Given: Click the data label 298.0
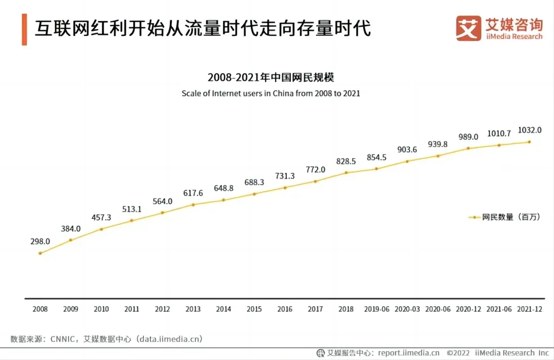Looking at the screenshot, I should (40, 241).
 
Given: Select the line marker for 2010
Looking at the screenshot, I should (101, 229).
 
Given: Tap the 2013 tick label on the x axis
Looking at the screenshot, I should (193, 309).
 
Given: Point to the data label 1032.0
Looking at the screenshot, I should (529, 130).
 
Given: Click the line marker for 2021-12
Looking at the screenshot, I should (529, 142).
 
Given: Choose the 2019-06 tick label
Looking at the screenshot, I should (377, 309).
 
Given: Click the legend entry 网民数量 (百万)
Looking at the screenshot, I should (504, 217).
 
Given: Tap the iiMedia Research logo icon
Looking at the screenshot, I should (468, 28).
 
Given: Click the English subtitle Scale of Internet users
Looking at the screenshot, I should (270, 94).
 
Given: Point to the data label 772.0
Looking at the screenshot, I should (315, 169).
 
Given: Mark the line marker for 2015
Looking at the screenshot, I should (254, 194).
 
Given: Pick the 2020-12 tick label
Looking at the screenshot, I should (468, 309).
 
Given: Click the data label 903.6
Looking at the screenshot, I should (407, 150).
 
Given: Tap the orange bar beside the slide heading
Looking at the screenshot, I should (24, 30).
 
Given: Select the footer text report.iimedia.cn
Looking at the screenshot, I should (409, 353).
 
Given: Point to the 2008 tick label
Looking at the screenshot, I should (40, 309).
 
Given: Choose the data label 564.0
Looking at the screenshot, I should (162, 201).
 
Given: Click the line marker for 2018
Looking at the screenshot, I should (346, 172).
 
